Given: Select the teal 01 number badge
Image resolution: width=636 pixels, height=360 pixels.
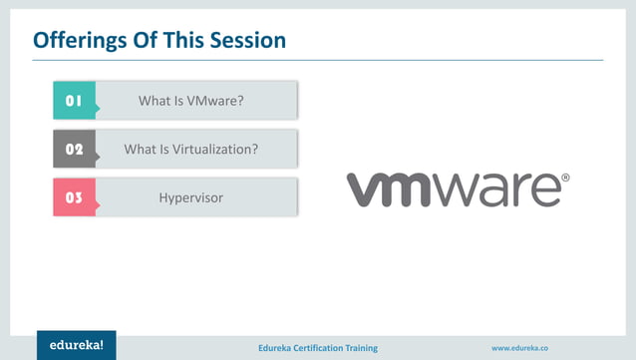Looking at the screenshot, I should coord(74,101).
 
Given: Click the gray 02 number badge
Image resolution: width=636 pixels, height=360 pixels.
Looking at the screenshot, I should coord(74,150).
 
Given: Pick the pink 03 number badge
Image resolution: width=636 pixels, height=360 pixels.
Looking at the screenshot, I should coord(74,198).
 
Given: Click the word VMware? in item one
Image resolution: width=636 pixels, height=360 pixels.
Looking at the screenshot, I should coord(216,101).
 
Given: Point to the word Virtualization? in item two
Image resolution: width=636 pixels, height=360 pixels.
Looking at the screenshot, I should coord(213,150).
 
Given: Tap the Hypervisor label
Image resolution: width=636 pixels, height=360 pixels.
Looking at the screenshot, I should coord(191,198).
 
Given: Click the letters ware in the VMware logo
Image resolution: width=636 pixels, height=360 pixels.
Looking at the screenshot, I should coord(503,189).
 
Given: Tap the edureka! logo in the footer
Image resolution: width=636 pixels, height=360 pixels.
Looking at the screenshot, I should coord(77,345).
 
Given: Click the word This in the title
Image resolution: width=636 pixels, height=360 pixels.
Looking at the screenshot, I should coord(189,41).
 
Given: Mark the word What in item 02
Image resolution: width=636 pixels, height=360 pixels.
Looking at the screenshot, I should coord(139,150).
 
